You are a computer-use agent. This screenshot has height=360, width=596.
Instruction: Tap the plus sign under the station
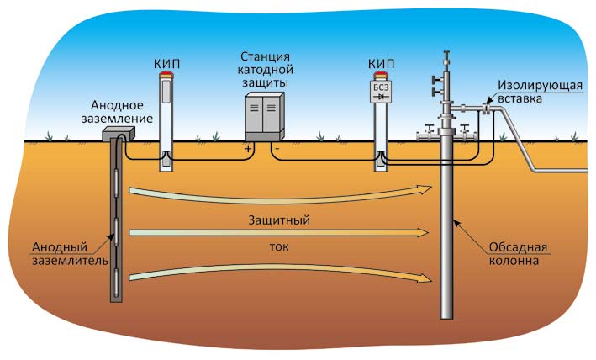click(248, 148)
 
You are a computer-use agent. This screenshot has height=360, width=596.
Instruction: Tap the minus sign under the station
click(277, 148)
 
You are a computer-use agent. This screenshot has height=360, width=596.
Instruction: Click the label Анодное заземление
click(122, 112)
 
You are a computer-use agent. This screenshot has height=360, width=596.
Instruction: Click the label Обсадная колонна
click(518, 253)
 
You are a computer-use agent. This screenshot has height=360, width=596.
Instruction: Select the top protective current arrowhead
click(425, 190)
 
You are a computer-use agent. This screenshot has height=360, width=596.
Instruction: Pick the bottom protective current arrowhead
click(425, 278)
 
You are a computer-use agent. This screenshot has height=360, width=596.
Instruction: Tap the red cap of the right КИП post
click(380, 76)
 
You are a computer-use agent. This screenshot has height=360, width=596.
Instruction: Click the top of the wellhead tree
click(446, 54)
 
